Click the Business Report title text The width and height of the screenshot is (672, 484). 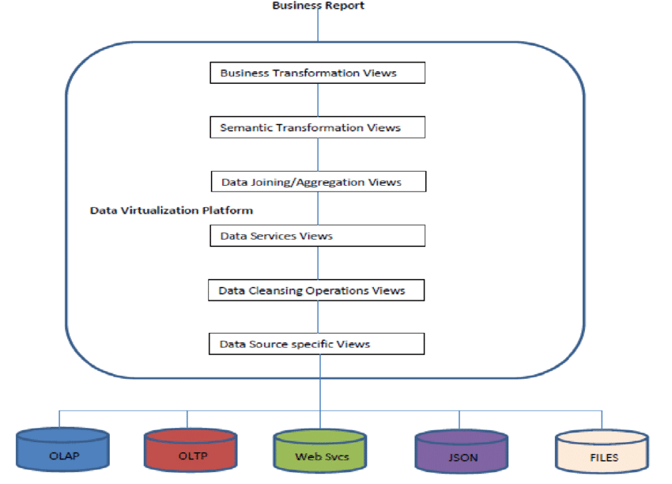pos(318,6)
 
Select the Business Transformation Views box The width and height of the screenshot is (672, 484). pos(317,73)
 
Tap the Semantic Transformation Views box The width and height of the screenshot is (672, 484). pos(317,127)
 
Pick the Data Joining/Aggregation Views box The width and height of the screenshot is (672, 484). pos(319,182)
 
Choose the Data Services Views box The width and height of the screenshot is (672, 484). pos(317,236)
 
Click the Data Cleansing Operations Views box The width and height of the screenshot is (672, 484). pos(316,290)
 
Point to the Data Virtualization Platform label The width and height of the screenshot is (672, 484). pos(171,210)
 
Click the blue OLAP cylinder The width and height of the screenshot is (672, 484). pos(62,451)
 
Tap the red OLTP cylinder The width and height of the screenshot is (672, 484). pos(190,451)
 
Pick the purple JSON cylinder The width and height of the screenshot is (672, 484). pos(462,452)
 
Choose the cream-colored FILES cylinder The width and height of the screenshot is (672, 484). pos(602,452)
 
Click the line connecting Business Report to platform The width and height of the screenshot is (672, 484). pos(318,25)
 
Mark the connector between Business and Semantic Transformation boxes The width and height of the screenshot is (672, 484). pos(318,100)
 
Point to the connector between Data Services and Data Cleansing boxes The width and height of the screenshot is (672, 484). pos(318,263)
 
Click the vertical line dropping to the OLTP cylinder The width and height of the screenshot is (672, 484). pos(187,420)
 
